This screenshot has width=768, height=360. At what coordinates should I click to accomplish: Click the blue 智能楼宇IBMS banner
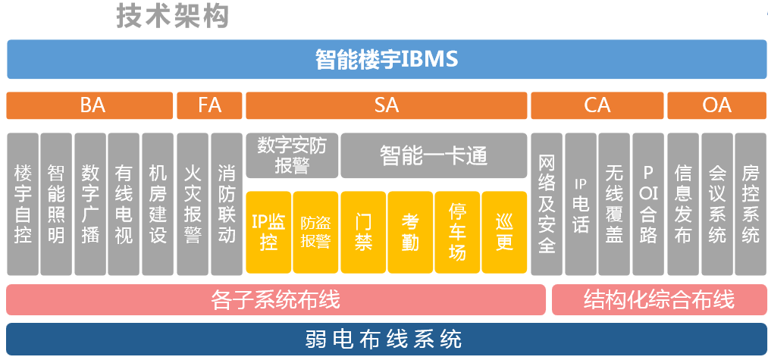pos(387,59)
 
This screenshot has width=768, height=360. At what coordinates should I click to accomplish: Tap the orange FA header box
pos(209,105)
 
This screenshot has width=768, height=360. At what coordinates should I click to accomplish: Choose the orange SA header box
pos(386,105)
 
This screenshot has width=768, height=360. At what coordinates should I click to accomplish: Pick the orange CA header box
pos(597,105)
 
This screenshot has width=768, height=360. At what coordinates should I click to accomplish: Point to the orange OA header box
pos(716,105)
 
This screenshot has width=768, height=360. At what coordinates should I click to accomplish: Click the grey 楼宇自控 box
pos(23,204)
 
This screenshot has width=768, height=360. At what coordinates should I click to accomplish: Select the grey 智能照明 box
pos(56,204)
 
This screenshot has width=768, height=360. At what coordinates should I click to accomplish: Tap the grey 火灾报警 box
pos(193,204)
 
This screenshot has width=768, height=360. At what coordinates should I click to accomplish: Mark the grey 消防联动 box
pos(226,204)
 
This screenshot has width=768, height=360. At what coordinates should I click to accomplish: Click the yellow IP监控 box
pos(268,232)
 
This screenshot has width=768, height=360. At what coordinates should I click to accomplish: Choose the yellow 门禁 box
pos(363,232)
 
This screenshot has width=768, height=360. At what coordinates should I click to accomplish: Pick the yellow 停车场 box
pos(457,232)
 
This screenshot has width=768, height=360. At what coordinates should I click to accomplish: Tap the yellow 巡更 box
pos(504,232)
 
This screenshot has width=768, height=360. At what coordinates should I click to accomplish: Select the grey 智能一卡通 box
pos(433,155)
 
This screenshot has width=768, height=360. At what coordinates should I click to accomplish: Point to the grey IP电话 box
pos(580,204)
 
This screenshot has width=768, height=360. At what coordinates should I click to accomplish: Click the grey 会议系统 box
pos(716,204)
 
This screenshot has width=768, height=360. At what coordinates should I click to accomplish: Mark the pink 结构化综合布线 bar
pos(659,299)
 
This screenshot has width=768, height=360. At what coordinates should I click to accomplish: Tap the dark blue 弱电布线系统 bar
pos(387,338)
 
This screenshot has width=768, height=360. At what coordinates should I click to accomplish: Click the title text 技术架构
pos(172,16)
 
